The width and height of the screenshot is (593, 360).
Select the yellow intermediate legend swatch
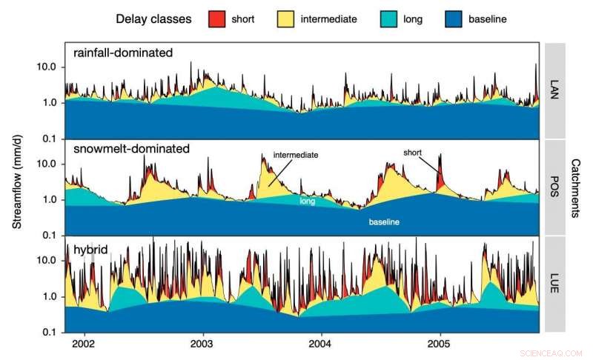pyautogui.click(x=285, y=18)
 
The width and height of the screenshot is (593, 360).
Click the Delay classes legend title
pyautogui.click(x=154, y=18)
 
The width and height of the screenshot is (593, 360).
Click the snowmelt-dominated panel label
pyautogui.click(x=131, y=149)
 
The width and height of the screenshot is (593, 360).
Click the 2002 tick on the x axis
pyautogui.click(x=83, y=344)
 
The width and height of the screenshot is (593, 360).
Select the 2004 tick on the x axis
pyautogui.click(x=320, y=344)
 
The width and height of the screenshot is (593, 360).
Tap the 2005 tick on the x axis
pyautogui.click(x=439, y=344)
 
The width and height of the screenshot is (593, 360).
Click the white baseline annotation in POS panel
pyautogui.click(x=385, y=221)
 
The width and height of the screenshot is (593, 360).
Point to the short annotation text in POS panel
pyautogui.click(x=412, y=152)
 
